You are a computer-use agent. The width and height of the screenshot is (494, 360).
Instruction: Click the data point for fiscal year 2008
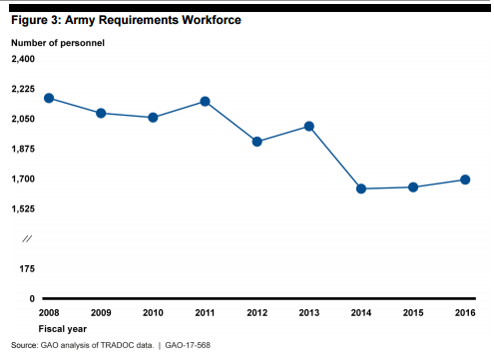[x=49, y=98]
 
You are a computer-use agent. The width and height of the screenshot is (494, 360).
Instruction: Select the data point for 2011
[x=205, y=102]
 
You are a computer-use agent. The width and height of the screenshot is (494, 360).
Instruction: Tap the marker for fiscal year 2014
[x=361, y=188]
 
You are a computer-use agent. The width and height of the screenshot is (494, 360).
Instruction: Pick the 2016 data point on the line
[x=465, y=180]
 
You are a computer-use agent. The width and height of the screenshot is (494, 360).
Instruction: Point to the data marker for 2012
[x=257, y=142]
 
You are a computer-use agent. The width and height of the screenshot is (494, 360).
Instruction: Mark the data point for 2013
[x=309, y=127]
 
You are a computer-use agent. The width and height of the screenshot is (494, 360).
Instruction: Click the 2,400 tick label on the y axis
[x=23, y=60]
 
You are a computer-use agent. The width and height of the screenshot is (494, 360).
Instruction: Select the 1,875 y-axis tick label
[x=23, y=150]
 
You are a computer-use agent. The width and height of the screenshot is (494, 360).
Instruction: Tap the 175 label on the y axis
[x=27, y=269]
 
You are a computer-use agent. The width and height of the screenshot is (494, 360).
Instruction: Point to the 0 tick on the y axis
[x=32, y=299]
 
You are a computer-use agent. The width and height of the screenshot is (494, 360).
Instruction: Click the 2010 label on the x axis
[x=153, y=313]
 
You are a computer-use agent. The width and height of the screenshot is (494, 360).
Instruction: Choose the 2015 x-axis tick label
[x=413, y=313]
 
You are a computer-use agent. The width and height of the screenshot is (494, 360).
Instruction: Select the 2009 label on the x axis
[x=101, y=313]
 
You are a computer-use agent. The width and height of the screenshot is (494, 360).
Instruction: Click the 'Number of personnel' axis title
[x=57, y=44]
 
